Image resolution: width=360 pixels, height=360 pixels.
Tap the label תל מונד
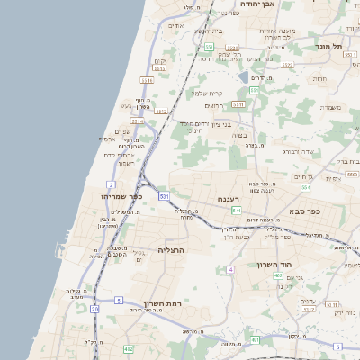(329, 46)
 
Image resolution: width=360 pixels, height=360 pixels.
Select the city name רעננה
(228, 199)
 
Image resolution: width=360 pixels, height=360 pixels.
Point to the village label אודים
(176, 25)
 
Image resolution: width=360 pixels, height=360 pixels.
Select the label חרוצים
(212, 106)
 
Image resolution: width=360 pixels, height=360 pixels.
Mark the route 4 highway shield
(230, 269)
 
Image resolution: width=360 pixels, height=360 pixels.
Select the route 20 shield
(94, 309)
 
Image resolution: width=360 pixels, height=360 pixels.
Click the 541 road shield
(237, 210)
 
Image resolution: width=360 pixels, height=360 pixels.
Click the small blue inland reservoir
(244, 77)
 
